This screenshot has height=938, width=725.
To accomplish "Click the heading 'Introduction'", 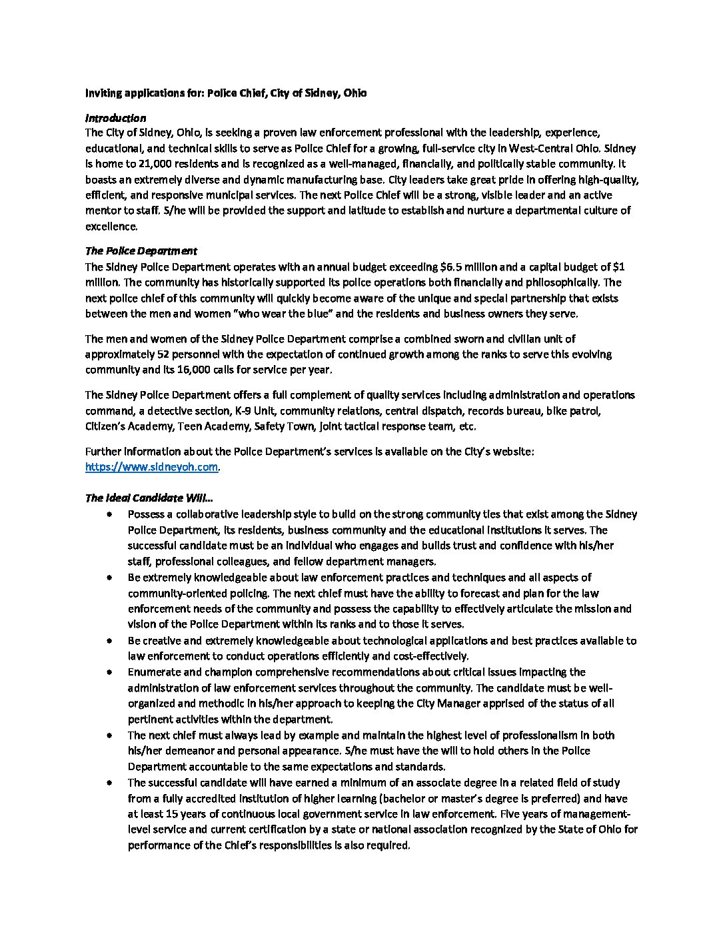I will (x=115, y=118).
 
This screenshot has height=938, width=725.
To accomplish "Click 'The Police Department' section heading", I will (x=141, y=251).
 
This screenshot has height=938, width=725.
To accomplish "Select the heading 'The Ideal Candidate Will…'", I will (x=149, y=498).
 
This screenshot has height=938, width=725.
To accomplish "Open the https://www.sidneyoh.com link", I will (x=151, y=467).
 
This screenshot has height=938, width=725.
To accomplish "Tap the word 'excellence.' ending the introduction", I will (x=111, y=226).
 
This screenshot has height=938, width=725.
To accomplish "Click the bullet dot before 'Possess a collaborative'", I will (x=109, y=514).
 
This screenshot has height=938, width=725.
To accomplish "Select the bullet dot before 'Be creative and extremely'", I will (x=109, y=641).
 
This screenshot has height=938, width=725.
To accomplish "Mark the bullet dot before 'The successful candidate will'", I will (x=109, y=783).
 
